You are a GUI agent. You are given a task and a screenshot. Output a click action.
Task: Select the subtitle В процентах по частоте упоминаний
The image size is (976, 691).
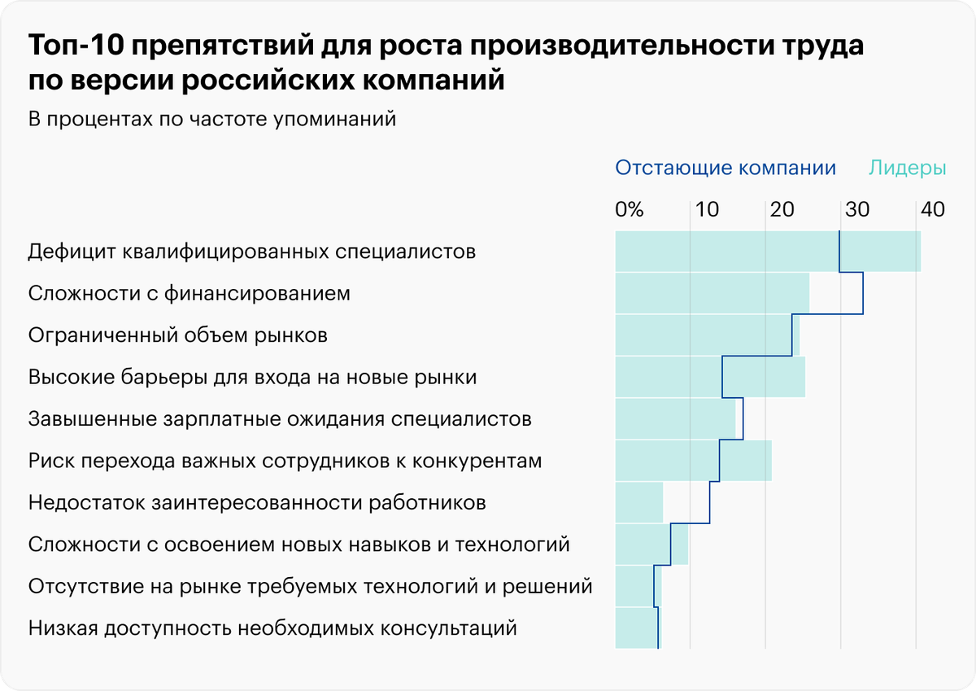tap(211, 119)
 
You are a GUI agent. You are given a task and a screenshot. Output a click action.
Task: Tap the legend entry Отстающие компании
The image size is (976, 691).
tap(725, 168)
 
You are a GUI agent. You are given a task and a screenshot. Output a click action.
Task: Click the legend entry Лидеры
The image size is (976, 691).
tap(907, 168)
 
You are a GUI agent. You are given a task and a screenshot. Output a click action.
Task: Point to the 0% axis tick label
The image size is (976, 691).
tap(629, 209)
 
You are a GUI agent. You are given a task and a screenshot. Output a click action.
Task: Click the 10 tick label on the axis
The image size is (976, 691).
tap(706, 209)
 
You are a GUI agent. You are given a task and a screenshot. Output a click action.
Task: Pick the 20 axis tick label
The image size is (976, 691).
tap(782, 209)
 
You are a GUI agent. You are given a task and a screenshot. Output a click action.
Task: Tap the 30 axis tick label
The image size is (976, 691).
tap(856, 209)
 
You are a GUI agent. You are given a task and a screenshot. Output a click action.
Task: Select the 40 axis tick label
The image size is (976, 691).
tap(932, 209)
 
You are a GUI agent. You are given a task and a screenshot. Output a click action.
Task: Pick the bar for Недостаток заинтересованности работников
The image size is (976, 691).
tap(639, 502)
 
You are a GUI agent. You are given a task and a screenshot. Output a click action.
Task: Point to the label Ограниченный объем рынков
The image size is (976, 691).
tap(177, 335)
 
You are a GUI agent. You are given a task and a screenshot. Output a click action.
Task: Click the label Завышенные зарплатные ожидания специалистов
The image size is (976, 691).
tap(280, 420)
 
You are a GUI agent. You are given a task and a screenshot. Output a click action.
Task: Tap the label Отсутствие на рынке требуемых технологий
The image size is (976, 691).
tap(310, 587)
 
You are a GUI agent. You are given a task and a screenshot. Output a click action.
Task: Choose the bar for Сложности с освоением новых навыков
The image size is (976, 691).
tap(651, 544)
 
